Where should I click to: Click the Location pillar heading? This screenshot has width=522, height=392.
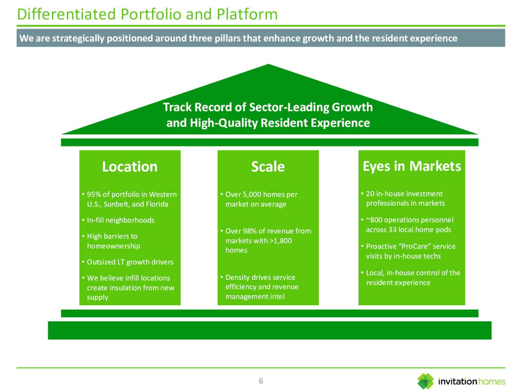[130, 167]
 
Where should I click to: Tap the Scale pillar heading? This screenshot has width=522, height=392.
[268, 167]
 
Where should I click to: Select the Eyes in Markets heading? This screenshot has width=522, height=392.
[411, 166]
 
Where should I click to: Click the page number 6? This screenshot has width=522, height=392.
[261, 381]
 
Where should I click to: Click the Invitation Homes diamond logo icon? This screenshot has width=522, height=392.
[425, 381]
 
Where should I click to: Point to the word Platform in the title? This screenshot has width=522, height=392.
[247, 14]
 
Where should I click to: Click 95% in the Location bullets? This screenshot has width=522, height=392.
[94, 194]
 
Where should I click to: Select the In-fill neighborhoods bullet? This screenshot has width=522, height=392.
[120, 220]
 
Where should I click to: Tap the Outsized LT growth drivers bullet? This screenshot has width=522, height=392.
[130, 262]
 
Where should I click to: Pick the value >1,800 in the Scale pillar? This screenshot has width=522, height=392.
[281, 241]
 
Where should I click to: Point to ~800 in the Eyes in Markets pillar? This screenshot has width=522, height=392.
[374, 220]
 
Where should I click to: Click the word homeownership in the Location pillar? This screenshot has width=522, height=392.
[113, 246]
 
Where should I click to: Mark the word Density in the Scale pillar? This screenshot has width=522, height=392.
[237, 277]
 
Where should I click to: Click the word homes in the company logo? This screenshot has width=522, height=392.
[491, 381]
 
